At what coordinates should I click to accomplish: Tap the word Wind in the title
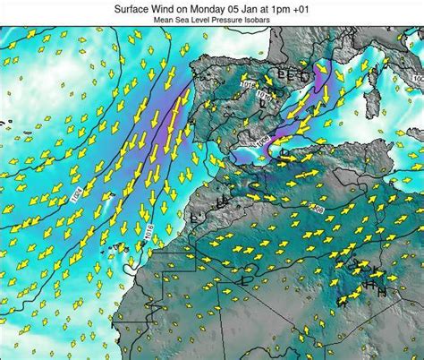tap(170, 7)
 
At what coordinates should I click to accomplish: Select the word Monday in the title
tap(217, 7)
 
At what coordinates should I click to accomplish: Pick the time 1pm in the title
tap(300, 7)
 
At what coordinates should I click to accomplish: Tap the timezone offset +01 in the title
tap(324, 7)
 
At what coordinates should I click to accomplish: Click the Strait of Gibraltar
tap(213, 154)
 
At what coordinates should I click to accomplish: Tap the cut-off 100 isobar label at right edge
tap(417, 79)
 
